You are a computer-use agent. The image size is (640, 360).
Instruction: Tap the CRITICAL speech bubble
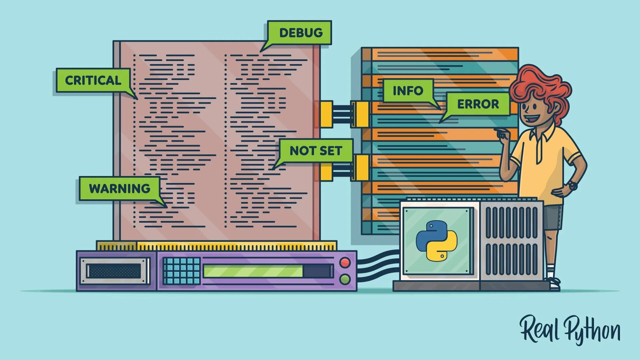[x=93, y=80]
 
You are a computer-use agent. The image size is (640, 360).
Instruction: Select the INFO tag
[x=408, y=91]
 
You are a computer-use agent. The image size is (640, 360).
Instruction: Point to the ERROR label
[x=478, y=104]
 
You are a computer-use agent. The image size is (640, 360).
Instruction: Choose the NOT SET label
[x=316, y=151]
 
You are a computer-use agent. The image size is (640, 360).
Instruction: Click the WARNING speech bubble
[x=119, y=189]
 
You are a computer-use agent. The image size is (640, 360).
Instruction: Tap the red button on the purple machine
[x=345, y=263]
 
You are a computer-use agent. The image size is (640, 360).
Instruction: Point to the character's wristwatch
[x=572, y=186]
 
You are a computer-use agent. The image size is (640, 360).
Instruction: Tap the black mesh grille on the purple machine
[x=114, y=271]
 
